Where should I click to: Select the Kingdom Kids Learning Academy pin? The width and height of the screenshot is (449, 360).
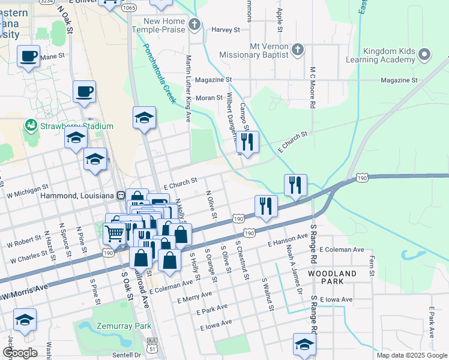(x=425, y=55)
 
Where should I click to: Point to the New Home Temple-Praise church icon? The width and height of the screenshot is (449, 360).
(x=193, y=24)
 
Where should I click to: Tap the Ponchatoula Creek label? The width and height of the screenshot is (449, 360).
(x=159, y=74)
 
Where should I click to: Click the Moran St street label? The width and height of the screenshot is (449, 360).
(x=209, y=97)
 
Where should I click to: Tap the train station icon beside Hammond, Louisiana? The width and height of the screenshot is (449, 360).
(x=121, y=196)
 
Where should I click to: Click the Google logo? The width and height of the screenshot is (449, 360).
(x=20, y=353)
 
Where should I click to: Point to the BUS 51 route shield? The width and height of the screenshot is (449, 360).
(x=152, y=344)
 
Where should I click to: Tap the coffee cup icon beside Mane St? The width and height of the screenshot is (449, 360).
(x=28, y=56)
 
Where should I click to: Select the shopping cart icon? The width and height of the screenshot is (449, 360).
(x=114, y=232)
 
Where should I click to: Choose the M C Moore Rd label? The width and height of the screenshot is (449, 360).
(x=313, y=87)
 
